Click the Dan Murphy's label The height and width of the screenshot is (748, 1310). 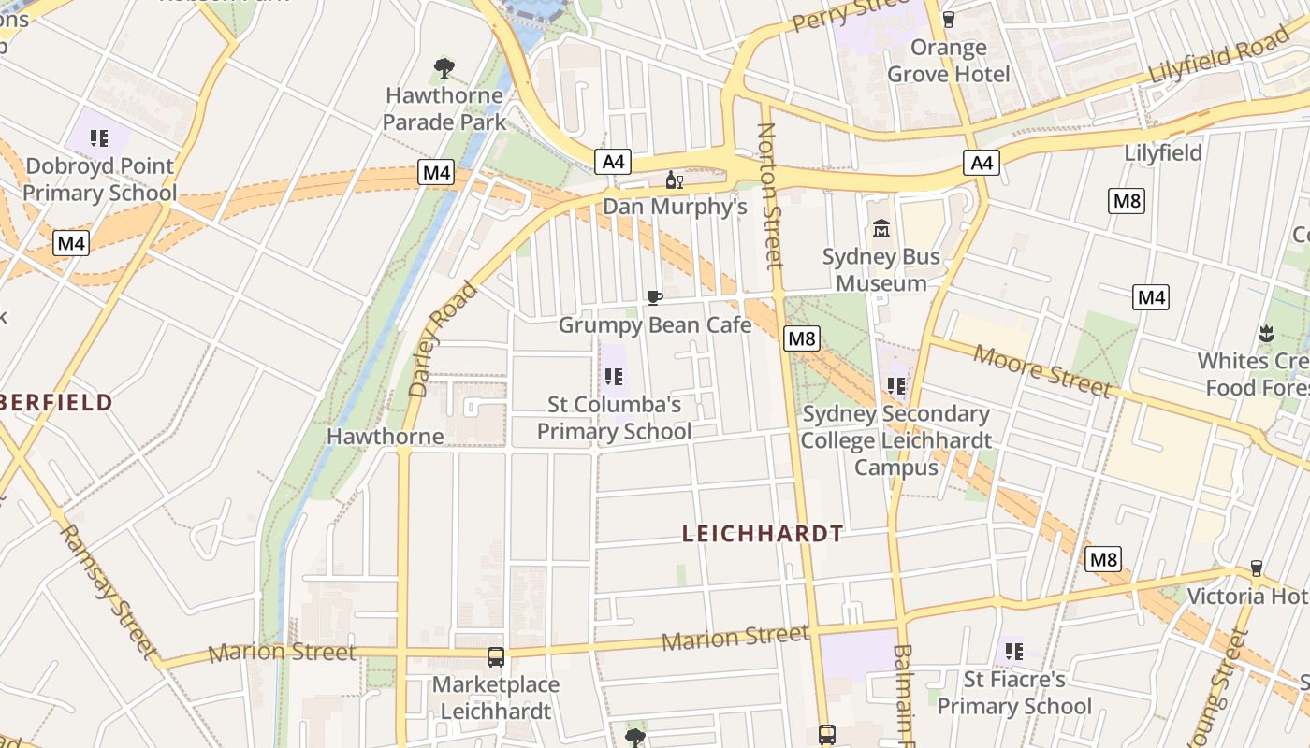[675, 206]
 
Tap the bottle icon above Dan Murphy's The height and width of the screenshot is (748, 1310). [674, 180]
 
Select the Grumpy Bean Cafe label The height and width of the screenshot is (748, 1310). [655, 325]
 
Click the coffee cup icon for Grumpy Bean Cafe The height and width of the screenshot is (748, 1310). [655, 297]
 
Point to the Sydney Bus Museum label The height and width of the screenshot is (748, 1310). [881, 269]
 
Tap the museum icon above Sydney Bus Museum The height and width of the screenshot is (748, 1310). [881, 228]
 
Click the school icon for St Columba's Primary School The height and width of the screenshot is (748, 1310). [614, 377]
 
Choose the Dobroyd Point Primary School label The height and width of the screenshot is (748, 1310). [99, 180]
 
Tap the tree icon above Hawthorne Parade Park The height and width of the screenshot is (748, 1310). [444, 67]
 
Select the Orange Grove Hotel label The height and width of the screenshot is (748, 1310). [949, 61]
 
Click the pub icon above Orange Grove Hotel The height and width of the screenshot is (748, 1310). [949, 19]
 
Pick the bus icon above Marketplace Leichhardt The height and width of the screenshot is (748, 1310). [496, 657]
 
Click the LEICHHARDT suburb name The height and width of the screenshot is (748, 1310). [763, 534]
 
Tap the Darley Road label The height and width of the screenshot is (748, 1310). [444, 338]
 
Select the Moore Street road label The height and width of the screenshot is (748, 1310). [1042, 370]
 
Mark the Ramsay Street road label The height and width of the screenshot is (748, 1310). [107, 589]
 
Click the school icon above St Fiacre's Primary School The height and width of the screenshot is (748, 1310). [1013, 651]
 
